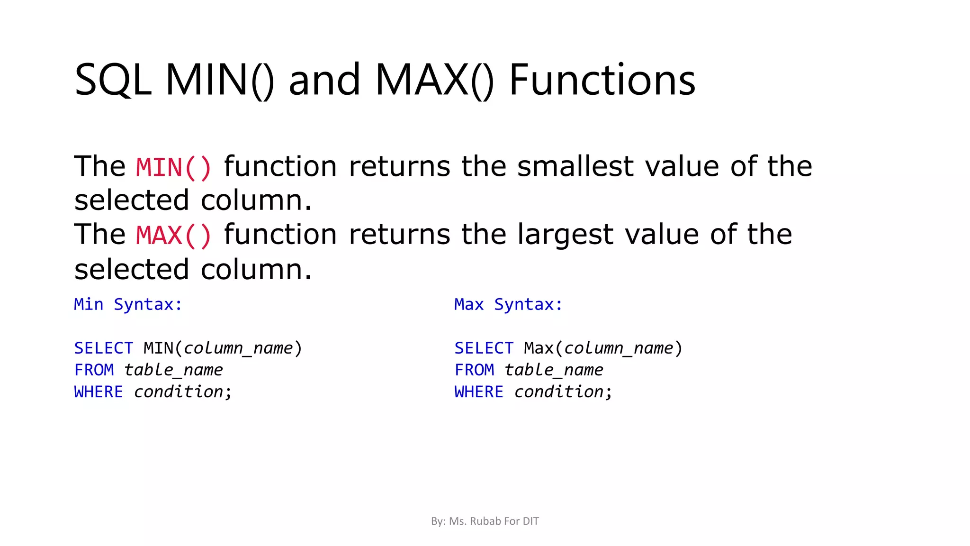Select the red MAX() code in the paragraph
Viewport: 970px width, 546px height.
pyautogui.click(x=173, y=236)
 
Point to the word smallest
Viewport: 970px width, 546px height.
pyautogui.click(x=575, y=166)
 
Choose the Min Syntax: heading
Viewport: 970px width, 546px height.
pyautogui.click(x=128, y=304)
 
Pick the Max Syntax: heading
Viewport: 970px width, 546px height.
pyautogui.click(x=508, y=304)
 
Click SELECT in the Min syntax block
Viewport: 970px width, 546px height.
pyautogui.click(x=103, y=348)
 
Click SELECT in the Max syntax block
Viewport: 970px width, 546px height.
pyautogui.click(x=484, y=348)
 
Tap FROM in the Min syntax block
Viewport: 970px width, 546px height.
pyautogui.click(x=94, y=370)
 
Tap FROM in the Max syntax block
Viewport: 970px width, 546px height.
pyautogui.click(x=474, y=370)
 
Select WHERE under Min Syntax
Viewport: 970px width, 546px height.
pyautogui.click(x=99, y=392)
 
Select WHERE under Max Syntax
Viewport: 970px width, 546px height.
pyautogui.click(x=479, y=392)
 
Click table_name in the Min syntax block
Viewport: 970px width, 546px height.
pyautogui.click(x=173, y=370)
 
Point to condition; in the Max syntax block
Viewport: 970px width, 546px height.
pyautogui.click(x=563, y=392)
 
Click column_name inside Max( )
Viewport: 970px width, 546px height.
pyautogui.click(x=619, y=348)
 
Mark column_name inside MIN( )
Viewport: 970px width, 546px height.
pyautogui.click(x=238, y=348)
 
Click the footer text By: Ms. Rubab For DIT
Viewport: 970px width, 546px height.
pyautogui.click(x=485, y=521)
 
